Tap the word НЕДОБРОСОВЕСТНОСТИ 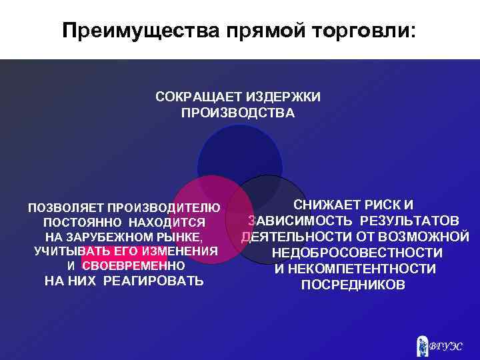pos(357,253)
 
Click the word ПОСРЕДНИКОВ pos(353,285)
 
